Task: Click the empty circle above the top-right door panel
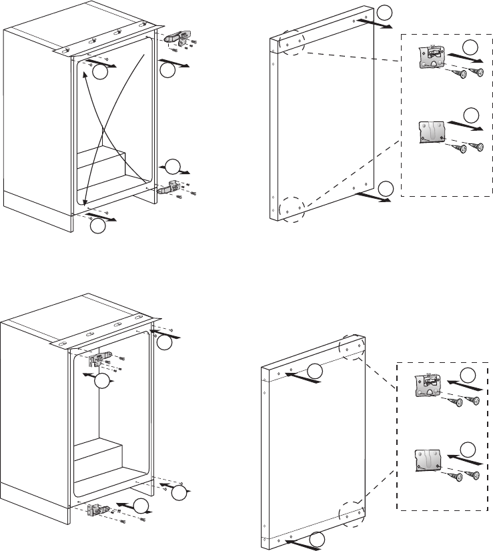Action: click(385, 13)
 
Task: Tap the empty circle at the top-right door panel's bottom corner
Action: click(385, 189)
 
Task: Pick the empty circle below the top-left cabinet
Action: click(98, 226)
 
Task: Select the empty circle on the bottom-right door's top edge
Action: click(315, 371)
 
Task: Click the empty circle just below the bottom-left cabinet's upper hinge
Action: click(101, 382)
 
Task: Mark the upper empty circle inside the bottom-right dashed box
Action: click(470, 375)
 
